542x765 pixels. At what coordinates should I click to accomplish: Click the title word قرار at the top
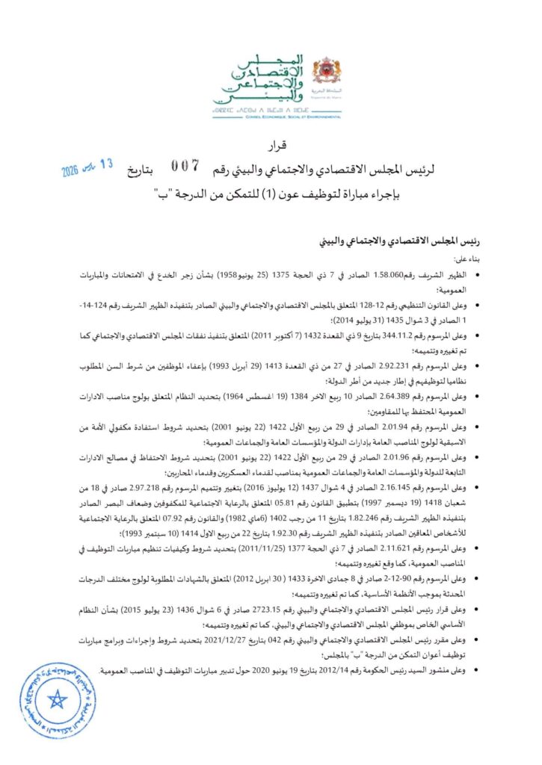click(x=271, y=144)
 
